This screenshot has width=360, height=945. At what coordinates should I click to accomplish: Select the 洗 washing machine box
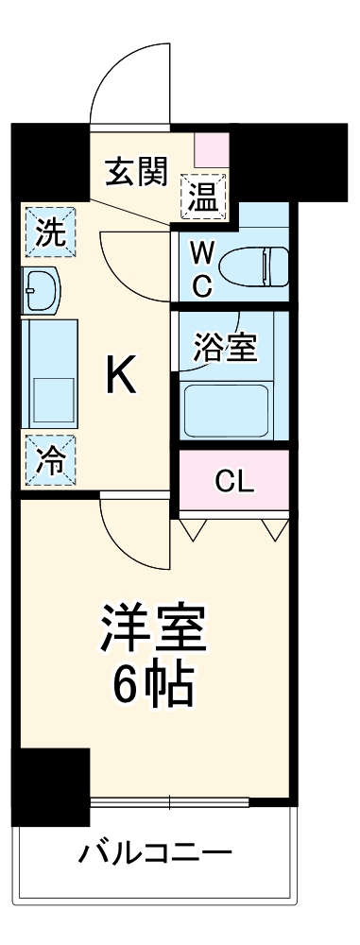(45, 232)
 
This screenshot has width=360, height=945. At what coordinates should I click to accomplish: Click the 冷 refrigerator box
(45, 459)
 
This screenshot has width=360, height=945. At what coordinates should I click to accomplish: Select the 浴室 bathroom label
(224, 348)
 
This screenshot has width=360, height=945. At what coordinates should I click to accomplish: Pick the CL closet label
(233, 481)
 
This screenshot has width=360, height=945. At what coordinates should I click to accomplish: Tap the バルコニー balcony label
(154, 856)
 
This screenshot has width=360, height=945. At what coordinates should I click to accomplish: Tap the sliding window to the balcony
(170, 804)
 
